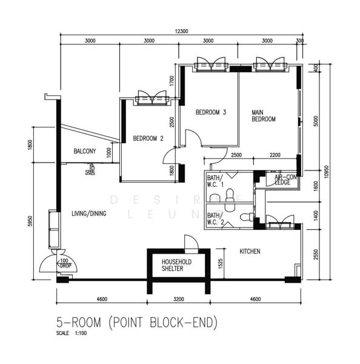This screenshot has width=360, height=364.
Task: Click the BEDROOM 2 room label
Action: tap(148, 138)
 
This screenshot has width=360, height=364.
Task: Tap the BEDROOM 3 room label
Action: tap(211, 112)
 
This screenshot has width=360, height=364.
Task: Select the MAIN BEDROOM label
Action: tap(264, 116)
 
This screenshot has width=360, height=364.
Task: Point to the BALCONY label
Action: tap(85, 151)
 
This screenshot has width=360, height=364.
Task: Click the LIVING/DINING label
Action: tap(90, 213)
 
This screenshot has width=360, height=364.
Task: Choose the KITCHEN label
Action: tap(250, 251)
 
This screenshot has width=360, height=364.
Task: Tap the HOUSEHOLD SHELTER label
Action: tap(176, 266)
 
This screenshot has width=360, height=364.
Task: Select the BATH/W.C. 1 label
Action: tap(215, 181)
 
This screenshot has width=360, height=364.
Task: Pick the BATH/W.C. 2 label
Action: tap(215, 218)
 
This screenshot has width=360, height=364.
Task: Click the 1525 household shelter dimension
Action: tap(220, 263)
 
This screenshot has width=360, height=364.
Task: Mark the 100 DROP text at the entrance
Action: tap(65, 265)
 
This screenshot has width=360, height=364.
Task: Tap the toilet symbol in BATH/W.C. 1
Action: tap(229, 194)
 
